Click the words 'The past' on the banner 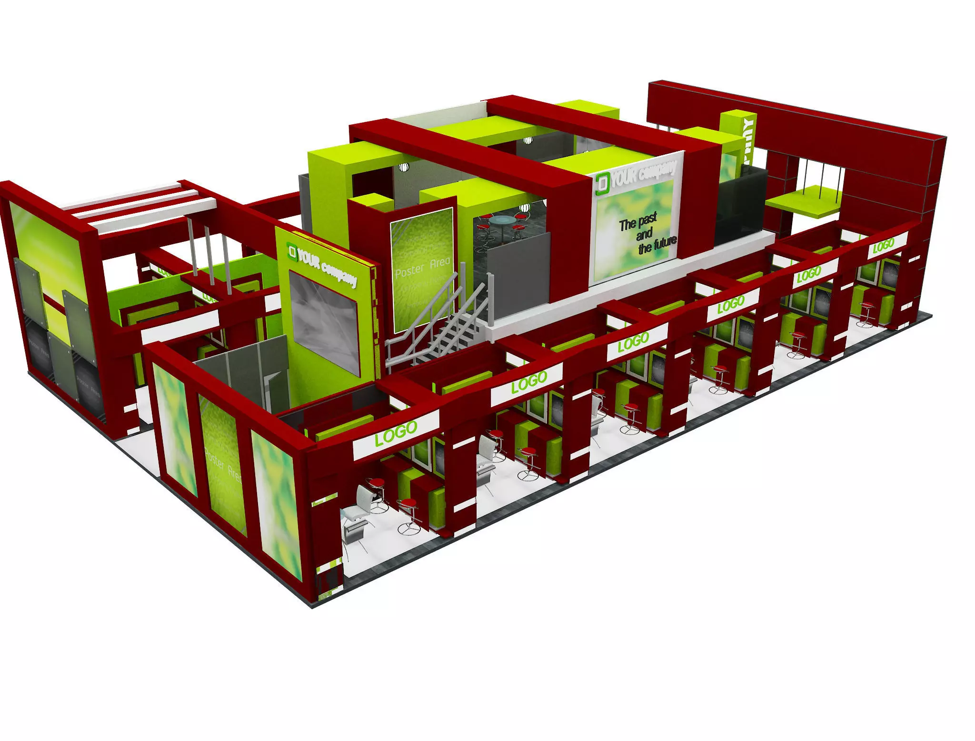(x=637, y=222)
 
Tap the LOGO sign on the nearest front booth (x=396, y=432)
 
